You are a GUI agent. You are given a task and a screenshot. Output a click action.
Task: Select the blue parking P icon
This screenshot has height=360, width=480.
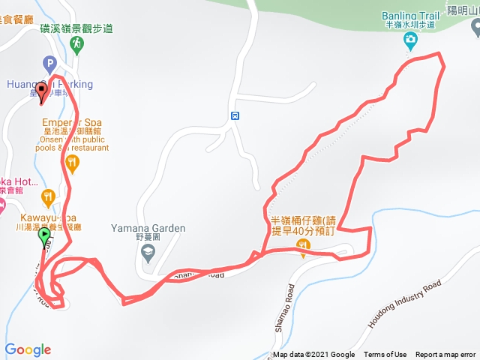50,64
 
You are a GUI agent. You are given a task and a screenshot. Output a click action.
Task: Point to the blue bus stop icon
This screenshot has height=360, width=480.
235,115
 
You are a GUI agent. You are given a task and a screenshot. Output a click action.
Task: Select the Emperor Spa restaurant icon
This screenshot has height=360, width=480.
72,163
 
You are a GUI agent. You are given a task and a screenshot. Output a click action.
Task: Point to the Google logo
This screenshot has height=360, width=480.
28,349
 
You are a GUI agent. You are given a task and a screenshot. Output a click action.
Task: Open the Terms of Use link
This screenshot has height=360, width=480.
385,355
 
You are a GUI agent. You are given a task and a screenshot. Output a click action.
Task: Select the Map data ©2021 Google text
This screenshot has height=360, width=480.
313,355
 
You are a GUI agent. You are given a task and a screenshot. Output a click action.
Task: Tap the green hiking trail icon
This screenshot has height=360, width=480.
78,46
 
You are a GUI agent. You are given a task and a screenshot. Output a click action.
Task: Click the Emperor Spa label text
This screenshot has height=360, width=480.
72,122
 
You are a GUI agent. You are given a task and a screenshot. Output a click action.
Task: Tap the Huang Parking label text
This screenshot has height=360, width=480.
49,84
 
